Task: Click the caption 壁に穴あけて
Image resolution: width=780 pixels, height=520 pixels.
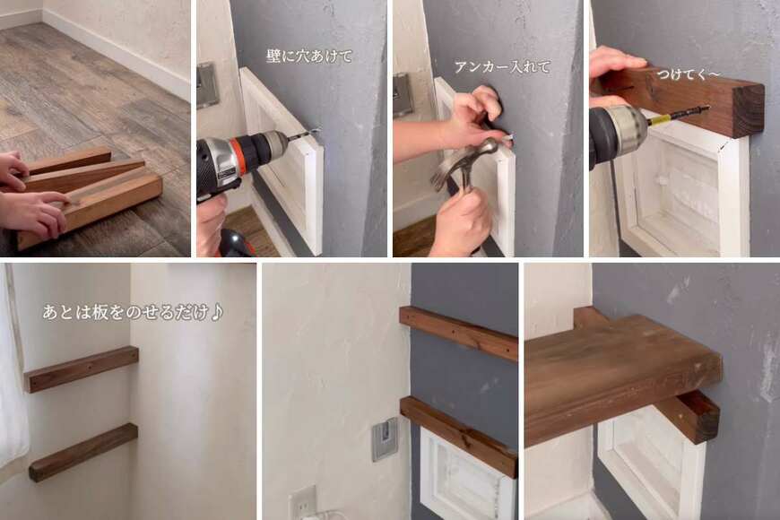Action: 309,56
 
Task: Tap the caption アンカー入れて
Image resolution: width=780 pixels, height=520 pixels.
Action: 502,66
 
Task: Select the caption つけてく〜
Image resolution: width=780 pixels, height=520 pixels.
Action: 689,74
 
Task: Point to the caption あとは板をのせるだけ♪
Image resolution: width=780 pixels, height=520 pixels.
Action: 133,313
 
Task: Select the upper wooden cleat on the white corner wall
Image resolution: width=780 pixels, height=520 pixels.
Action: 82,368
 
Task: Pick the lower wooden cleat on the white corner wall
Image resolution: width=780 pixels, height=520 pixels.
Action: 83,452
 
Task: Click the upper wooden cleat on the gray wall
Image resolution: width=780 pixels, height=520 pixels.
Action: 458,333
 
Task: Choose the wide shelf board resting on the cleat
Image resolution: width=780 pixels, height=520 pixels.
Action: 622,378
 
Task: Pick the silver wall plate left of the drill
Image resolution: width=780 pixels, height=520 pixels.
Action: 208,85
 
